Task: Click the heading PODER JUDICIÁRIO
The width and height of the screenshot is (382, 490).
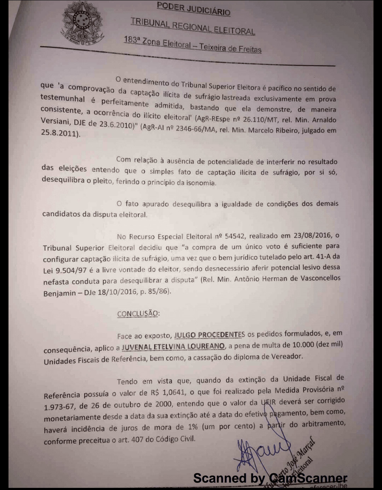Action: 193,8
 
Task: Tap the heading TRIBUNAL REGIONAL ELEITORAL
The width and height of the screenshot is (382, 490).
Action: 193,26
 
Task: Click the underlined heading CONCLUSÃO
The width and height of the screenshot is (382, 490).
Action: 138,313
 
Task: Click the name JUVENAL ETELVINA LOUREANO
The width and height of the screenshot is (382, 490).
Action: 173,346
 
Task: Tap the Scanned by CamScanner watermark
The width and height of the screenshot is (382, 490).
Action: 270,478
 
